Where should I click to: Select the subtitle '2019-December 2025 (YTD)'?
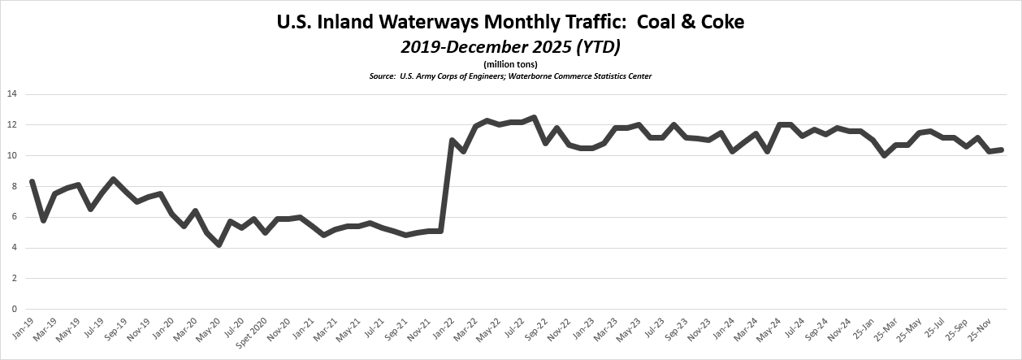point(510,47)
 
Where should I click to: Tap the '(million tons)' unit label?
point(510,64)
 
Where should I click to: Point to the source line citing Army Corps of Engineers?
point(510,76)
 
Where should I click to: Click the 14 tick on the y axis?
point(11,94)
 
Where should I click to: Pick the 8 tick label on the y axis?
point(14,186)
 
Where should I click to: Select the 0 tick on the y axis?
point(14,309)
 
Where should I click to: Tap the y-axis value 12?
point(11,125)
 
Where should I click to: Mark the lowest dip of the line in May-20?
point(219,245)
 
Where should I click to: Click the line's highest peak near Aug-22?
point(534,117)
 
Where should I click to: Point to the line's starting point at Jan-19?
point(31,181)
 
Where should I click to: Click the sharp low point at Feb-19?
point(43,220)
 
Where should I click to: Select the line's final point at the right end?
point(1001,150)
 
